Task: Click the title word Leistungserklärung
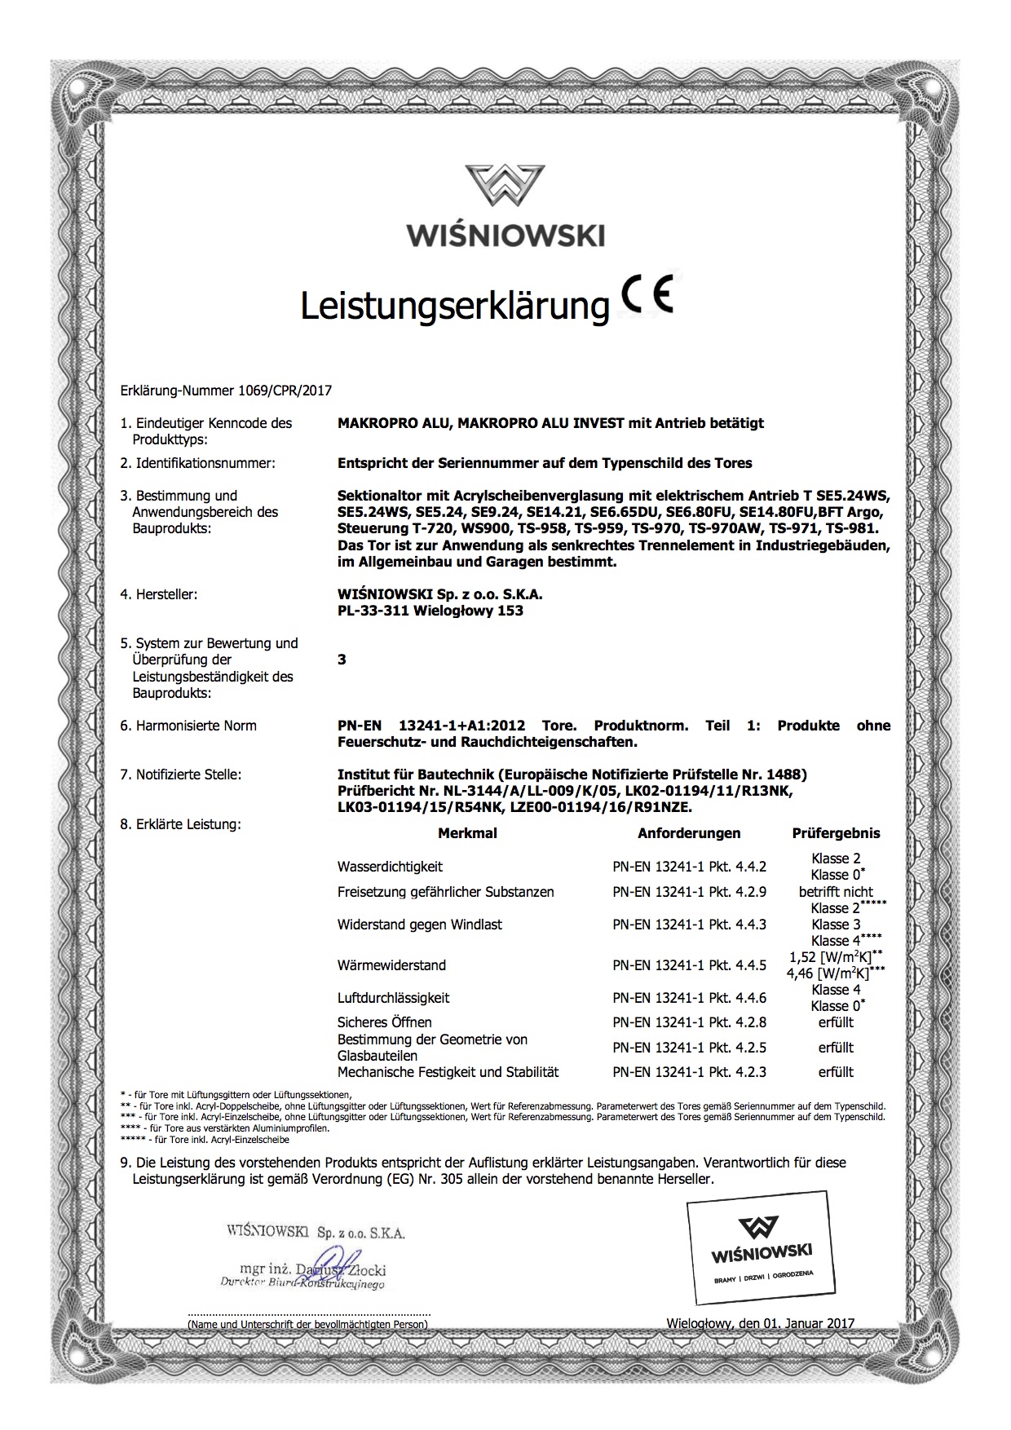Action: pos(455,306)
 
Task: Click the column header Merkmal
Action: pos(467,833)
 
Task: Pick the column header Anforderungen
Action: pos(689,833)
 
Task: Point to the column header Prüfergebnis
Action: pos(836,833)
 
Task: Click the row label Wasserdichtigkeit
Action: pos(390,867)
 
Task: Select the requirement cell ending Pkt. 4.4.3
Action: pos(689,925)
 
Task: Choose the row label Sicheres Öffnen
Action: pos(384,1022)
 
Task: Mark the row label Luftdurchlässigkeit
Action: pos(393,998)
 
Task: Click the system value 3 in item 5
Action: pos(342,660)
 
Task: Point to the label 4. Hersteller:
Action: pos(159,594)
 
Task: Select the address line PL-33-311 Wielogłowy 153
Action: pos(430,611)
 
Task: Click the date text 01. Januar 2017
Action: pos(808,1323)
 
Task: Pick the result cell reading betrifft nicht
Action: pos(836,892)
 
